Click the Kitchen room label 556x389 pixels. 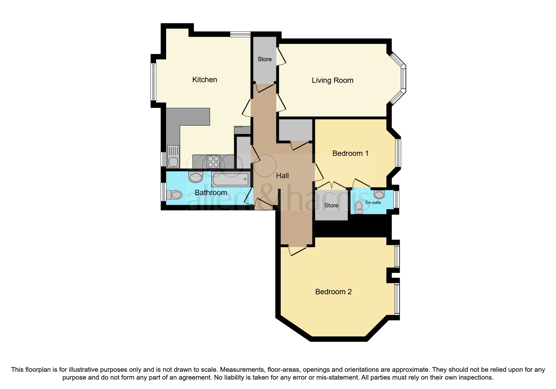click(204, 80)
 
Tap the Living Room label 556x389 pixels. click(332, 80)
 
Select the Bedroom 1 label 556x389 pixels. click(350, 153)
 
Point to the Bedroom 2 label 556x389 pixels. click(333, 292)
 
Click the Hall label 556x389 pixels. click(282, 176)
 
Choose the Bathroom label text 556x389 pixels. click(211, 193)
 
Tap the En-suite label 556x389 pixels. click(373, 202)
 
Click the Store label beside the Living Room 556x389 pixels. click(264, 59)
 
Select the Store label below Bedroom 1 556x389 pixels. click(331, 205)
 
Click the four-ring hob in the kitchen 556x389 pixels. click(213, 162)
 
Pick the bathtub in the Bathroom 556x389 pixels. click(231, 179)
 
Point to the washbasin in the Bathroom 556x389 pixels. click(196, 178)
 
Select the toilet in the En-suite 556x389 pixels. click(359, 208)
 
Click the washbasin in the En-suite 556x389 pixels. click(379, 194)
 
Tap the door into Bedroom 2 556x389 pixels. click(297, 250)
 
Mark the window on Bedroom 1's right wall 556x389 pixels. click(398, 153)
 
